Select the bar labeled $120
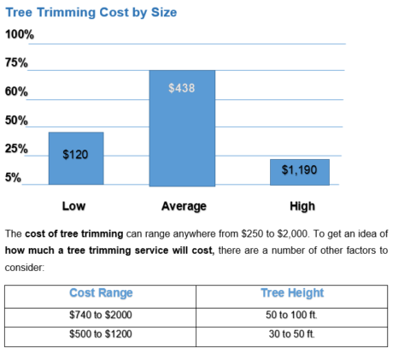76,158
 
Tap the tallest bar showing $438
183,128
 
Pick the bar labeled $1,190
299,171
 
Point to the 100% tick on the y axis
20,34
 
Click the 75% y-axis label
17,63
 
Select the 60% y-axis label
17,91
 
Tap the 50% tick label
17,121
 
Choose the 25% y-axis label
17,149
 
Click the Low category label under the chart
73,206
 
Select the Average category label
184,206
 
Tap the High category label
302,206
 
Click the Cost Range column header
101,293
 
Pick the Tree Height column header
293,293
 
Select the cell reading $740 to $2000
101,315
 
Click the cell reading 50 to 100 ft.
293,315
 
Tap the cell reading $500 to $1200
101,333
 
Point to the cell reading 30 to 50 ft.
293,333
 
